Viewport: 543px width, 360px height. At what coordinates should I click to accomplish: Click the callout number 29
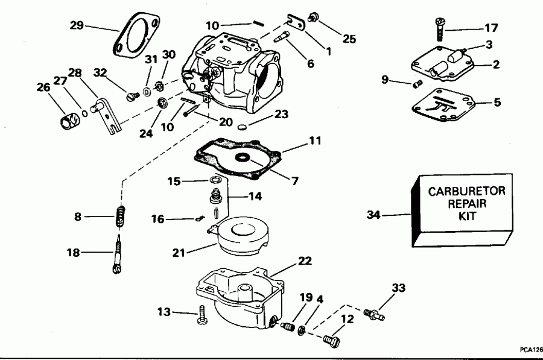point(76,25)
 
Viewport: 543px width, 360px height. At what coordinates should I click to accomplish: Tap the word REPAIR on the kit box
point(462,204)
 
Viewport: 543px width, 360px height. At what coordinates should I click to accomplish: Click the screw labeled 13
point(201,315)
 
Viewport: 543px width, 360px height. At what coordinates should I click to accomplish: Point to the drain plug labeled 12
point(331,339)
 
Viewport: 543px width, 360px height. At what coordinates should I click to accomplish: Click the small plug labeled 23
point(243,127)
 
